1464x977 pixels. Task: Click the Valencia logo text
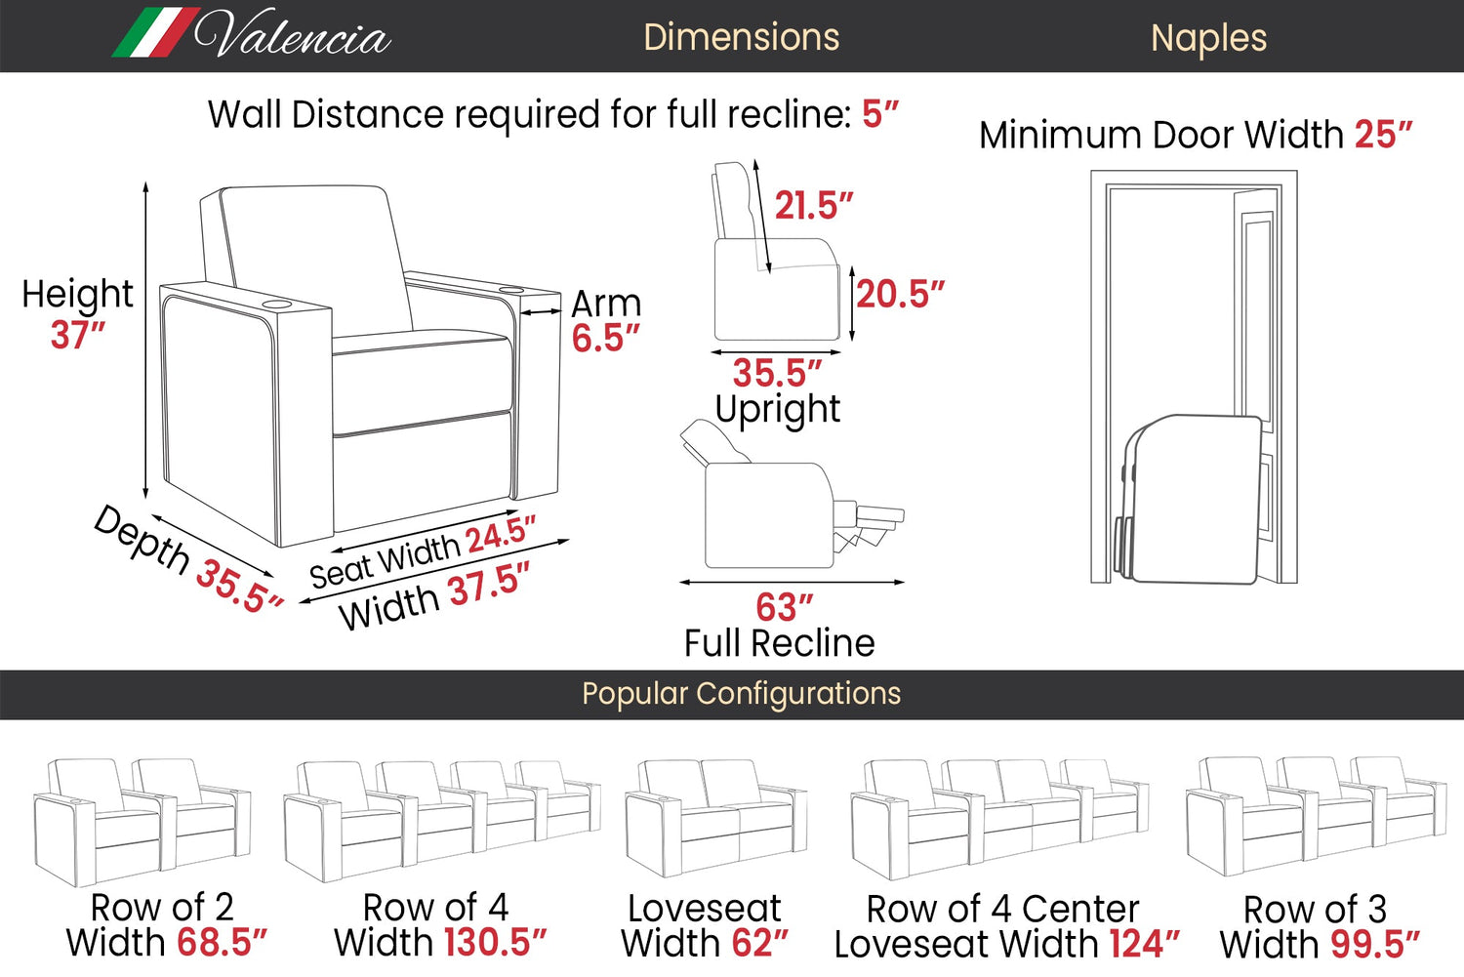(x=293, y=36)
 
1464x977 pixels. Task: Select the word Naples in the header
(x=1208, y=38)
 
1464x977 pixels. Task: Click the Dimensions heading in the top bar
(x=741, y=37)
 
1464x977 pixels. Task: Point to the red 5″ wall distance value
(x=879, y=114)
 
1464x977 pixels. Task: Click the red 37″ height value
(x=77, y=335)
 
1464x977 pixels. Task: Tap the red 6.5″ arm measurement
(x=605, y=339)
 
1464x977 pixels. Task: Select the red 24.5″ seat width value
(x=500, y=536)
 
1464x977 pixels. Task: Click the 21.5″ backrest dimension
(x=813, y=206)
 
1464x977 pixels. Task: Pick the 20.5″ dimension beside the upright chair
(x=900, y=294)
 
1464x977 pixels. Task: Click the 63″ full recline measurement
(x=784, y=607)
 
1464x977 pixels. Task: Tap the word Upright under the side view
(x=777, y=409)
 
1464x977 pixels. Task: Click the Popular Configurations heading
(x=741, y=694)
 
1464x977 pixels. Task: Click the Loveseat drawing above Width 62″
(x=715, y=818)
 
